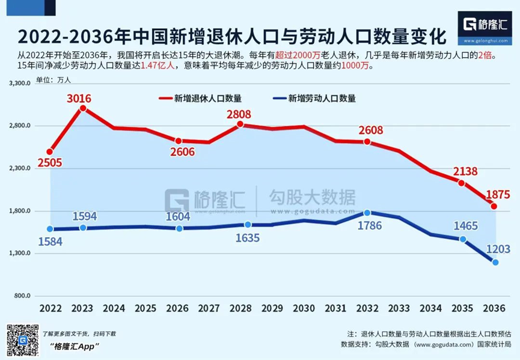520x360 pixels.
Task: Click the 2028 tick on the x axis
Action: pyautogui.click(x=240, y=308)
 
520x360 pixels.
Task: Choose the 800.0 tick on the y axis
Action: pyautogui.click(x=22, y=296)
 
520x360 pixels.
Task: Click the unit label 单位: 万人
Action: pyautogui.click(x=53, y=79)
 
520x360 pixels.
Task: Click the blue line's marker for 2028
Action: pyautogui.click(x=248, y=225)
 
